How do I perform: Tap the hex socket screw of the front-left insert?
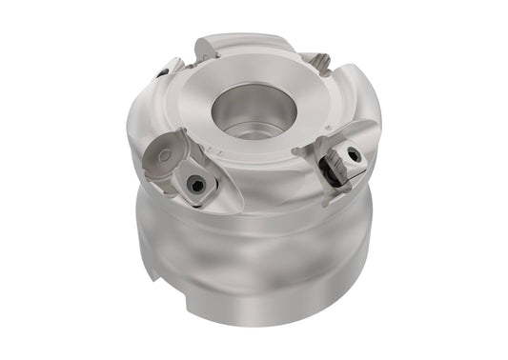pyautogui.click(x=197, y=187)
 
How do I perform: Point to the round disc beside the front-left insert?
pyautogui.click(x=162, y=150)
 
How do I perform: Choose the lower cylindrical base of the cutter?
pyautogui.click(x=257, y=286)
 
